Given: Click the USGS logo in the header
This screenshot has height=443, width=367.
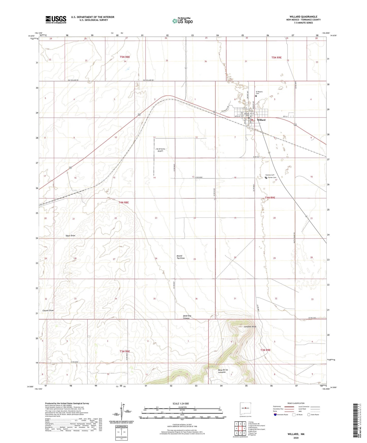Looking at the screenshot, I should tap(56, 20).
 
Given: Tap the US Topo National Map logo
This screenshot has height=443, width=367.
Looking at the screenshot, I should tap(182, 21).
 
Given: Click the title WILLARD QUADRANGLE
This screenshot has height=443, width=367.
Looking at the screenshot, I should tap(303, 17).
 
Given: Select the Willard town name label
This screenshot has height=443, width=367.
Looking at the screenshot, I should tap(261, 120).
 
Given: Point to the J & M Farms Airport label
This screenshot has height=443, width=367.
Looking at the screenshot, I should tap(160, 150).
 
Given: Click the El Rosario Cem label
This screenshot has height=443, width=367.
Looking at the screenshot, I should tap(259, 93).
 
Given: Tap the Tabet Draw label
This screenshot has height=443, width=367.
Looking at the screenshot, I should tap(70, 236).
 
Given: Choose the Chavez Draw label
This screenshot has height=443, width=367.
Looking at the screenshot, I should tap(48, 311).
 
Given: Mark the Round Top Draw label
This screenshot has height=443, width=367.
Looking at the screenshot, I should tap(181, 257).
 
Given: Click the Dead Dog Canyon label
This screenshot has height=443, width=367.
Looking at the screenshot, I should tap(186, 317).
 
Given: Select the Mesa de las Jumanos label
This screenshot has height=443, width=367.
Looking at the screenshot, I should tap(223, 371).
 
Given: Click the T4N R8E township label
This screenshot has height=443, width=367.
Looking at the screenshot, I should tap(124, 202).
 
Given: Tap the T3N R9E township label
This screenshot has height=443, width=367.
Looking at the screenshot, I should tap(265, 350).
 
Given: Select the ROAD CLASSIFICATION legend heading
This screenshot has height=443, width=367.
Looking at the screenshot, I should tap(296, 403).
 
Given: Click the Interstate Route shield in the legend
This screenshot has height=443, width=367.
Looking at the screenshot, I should tap(275, 415).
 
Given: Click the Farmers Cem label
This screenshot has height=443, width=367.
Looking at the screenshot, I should tap(270, 175).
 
